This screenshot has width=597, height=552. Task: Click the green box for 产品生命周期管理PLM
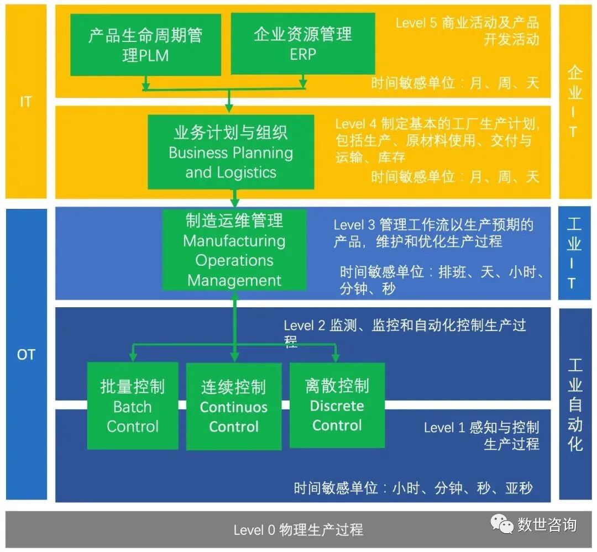pyautogui.click(x=145, y=45)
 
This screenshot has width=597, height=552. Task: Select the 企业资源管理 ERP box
pyautogui.click(x=302, y=44)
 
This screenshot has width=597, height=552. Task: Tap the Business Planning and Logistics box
pyautogui.click(x=231, y=152)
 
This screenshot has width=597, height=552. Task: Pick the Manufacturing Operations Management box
pyautogui.click(x=234, y=250)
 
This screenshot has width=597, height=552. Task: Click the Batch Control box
pyautogui.click(x=133, y=406)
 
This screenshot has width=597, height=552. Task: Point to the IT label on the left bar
pyautogui.click(x=25, y=102)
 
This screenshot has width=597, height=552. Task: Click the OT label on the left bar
pyautogui.click(x=25, y=354)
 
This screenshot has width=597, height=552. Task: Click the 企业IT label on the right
pyautogui.click(x=575, y=102)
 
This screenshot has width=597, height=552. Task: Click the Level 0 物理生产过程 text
pyautogui.click(x=298, y=530)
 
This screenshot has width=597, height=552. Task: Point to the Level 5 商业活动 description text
pyautogui.click(x=467, y=31)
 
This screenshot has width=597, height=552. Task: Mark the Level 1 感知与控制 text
pyautogui.click(x=481, y=435)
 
